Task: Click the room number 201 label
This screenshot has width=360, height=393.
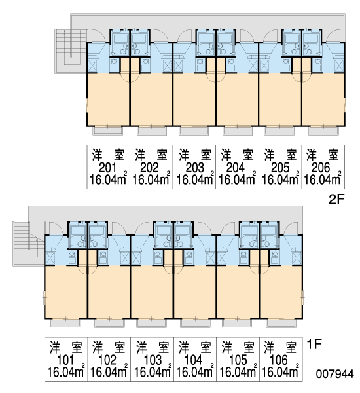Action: click(107, 168)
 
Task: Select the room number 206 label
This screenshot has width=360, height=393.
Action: click(321, 168)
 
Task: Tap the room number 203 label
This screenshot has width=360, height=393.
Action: click(194, 168)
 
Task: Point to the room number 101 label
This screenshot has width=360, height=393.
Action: click(65, 360)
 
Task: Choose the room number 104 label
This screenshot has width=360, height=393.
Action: click(193, 360)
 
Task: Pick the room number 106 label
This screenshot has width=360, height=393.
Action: click(279, 360)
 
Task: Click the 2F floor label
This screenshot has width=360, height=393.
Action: click(336, 200)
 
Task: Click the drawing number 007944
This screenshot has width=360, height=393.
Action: click(335, 374)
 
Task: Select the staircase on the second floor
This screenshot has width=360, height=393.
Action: click(71, 51)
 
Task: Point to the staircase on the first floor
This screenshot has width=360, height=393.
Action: click(29, 244)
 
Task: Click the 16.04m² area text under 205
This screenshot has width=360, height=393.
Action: click(280, 179)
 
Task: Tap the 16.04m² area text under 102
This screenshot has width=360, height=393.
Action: click(109, 371)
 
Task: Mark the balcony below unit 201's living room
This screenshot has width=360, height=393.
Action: click(108, 131)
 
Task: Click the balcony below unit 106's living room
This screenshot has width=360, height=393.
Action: click(281, 323)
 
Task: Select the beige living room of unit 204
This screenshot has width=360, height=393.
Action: click(237, 99)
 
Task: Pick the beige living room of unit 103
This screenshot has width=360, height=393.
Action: click(152, 291)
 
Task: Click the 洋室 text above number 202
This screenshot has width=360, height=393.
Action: click(151, 155)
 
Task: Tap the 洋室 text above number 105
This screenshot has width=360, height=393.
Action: click(238, 347)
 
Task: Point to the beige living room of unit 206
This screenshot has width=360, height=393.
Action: click(323, 99)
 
